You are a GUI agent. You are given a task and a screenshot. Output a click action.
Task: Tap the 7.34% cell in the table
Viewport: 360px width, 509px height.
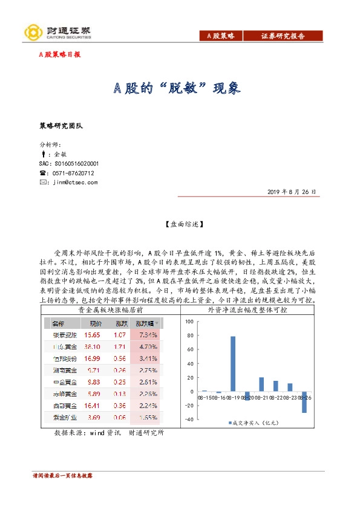147,334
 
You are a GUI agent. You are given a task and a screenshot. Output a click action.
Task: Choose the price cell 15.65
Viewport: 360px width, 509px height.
92,334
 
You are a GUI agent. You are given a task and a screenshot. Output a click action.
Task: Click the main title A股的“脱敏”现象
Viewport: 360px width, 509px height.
178,88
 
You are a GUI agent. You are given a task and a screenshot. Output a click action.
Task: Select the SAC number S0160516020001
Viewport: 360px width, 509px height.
68,163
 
